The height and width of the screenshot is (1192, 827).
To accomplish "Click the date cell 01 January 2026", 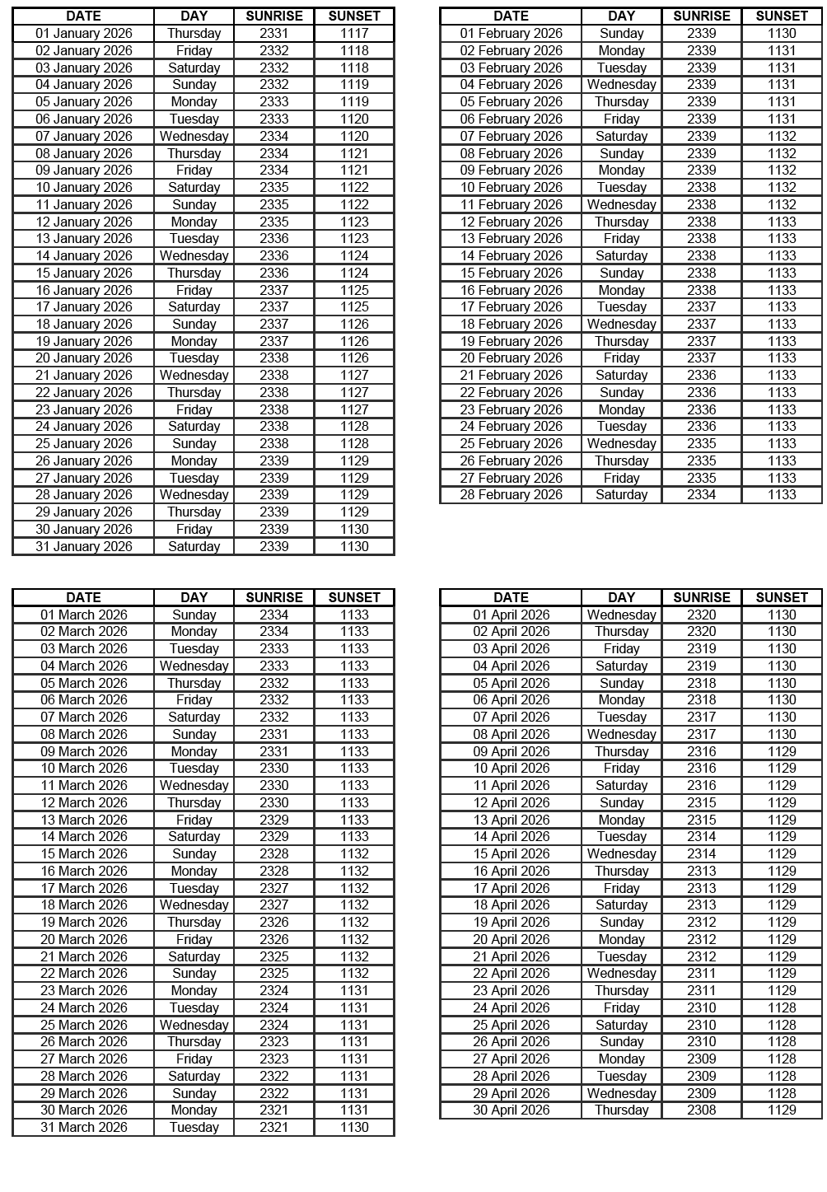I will tap(83, 33).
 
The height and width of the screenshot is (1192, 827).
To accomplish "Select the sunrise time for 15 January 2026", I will tap(274, 273).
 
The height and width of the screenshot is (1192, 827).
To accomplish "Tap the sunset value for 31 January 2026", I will tap(354, 546).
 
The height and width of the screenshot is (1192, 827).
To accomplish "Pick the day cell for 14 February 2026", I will tap(621, 255).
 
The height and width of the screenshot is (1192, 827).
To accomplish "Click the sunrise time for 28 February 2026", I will tap(701, 494).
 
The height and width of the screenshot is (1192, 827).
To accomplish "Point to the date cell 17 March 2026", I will tap(83, 888).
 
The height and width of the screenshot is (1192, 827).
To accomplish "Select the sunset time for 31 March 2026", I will tap(354, 1127).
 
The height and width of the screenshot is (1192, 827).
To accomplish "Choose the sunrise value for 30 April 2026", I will tap(701, 1110).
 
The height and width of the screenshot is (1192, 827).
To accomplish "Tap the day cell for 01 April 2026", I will tap(621, 615).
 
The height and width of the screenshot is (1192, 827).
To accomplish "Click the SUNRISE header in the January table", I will tap(274, 16).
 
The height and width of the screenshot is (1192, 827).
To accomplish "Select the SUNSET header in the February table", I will tap(782, 16).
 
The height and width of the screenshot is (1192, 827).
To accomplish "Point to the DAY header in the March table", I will tap(194, 597).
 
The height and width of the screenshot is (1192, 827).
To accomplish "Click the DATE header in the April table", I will tap(511, 597).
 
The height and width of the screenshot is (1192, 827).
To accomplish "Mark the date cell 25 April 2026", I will tap(511, 1025).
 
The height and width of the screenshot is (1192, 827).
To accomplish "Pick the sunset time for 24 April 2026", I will tap(782, 1007).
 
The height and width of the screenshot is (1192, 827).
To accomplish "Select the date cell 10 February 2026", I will tap(511, 187).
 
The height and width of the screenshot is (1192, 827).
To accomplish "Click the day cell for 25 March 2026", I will tap(194, 1025).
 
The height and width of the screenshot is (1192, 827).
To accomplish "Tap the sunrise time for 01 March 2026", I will tap(274, 615).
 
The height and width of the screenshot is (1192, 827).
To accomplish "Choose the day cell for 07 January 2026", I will tap(194, 136).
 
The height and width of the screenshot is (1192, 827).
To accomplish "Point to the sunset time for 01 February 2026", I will tap(782, 33).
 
